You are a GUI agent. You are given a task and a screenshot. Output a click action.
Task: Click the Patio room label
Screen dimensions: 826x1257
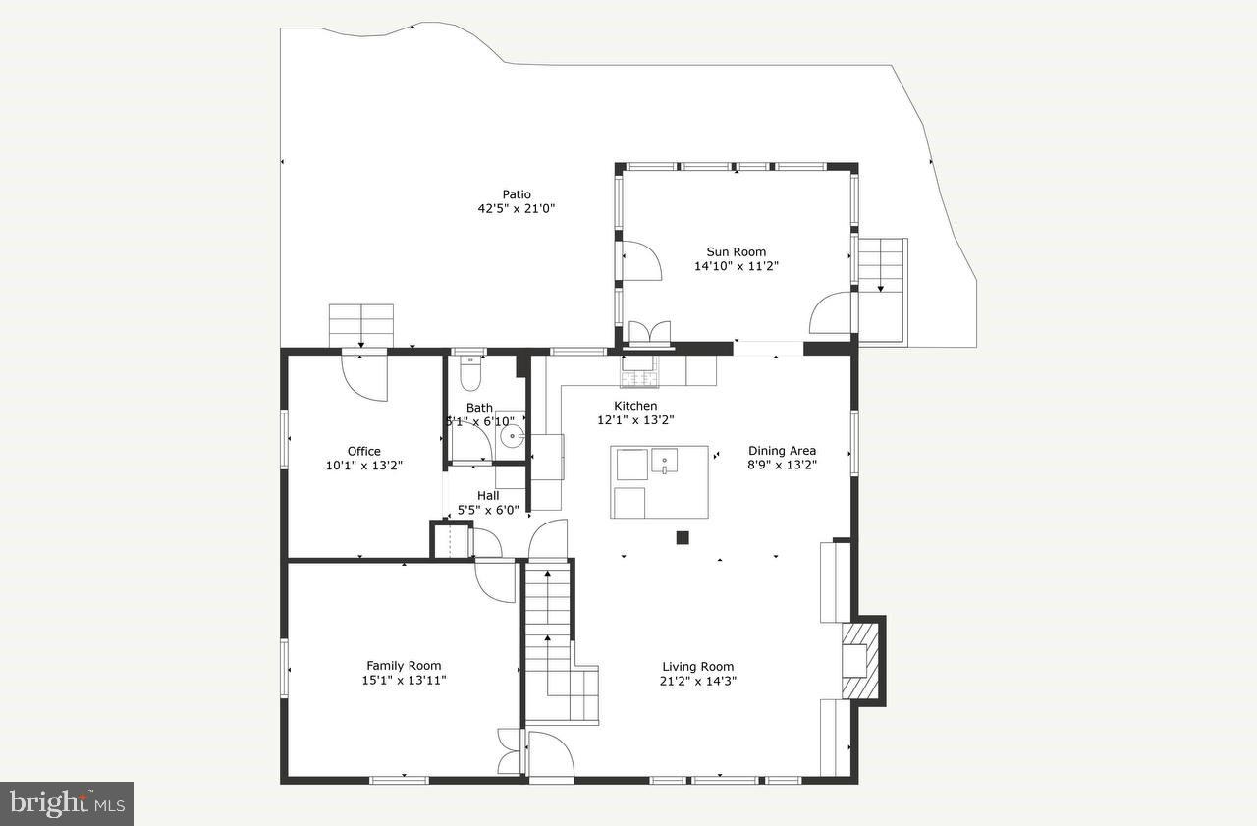coord(517,194)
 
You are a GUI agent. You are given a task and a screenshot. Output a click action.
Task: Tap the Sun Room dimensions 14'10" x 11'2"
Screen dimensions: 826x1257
coord(736,266)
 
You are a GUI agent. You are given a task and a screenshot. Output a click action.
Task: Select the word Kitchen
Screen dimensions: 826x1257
coord(635,406)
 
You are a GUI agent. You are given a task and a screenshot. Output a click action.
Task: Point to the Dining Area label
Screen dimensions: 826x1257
coord(782,451)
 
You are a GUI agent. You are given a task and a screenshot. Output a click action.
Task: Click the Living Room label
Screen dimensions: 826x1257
coord(697,667)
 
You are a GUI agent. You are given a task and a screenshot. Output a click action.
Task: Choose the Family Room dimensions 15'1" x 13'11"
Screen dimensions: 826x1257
coord(404,680)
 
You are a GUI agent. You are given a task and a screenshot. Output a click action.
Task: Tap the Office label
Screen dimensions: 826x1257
coord(363,452)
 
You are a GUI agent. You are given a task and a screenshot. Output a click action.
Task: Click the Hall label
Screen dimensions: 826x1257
coord(488,496)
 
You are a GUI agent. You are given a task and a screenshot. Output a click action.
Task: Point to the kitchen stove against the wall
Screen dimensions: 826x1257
coord(639,373)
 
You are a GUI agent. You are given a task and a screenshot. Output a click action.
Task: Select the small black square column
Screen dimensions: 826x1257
coord(683,537)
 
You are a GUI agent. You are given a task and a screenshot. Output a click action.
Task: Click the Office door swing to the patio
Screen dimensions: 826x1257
coord(363,377)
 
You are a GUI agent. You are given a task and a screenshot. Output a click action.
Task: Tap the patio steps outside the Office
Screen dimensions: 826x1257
coord(360,324)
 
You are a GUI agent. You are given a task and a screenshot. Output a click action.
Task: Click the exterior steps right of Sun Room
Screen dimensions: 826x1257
coord(881,265)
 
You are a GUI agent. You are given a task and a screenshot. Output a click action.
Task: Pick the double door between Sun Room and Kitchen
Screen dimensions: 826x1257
coord(649,332)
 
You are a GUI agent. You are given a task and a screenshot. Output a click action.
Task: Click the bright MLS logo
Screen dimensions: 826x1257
coord(66,803)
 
